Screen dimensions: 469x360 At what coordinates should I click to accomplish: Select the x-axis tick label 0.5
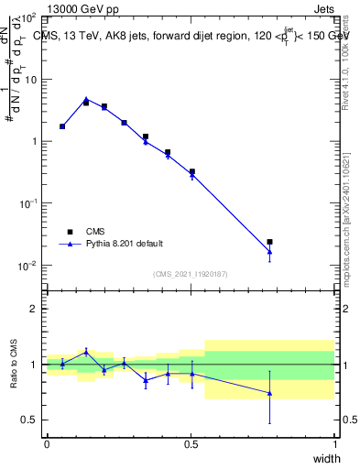191,444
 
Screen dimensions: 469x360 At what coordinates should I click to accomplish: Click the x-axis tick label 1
334,444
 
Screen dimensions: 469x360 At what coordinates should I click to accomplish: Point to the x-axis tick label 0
47,444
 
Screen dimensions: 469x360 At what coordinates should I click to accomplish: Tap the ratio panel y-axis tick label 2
33,309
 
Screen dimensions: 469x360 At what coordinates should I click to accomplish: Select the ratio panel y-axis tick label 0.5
29,420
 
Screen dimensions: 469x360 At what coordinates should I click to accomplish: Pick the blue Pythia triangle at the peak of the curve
86,99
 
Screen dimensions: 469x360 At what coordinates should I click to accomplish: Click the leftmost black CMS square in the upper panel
62,126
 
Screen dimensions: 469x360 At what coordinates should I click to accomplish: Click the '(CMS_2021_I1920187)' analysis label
191,273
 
